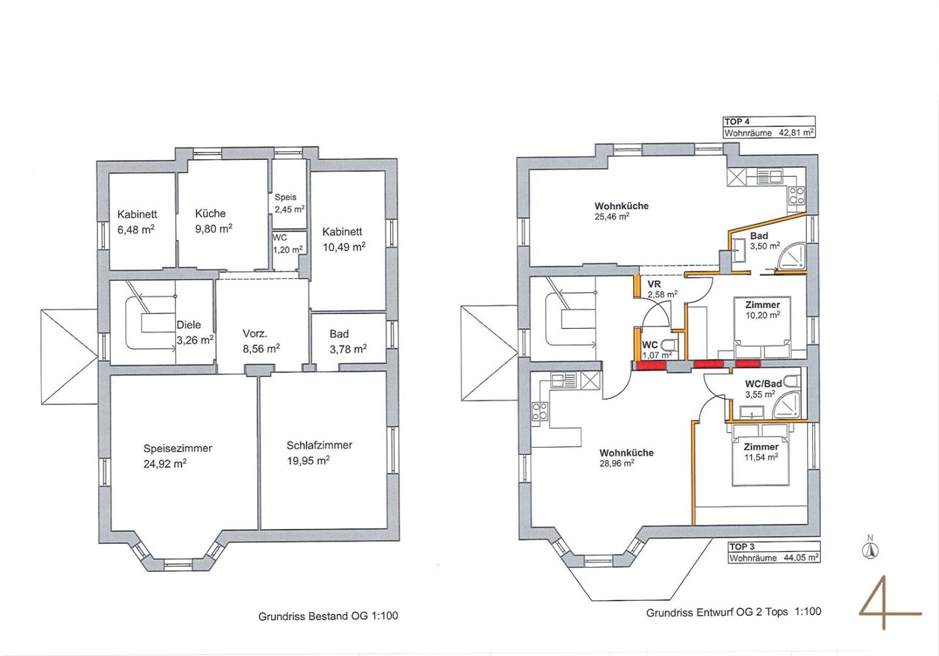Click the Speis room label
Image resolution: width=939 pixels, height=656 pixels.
[x=285, y=197]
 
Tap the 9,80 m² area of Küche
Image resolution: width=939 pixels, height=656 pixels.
[x=213, y=229]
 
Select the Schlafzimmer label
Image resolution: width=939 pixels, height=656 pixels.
[x=319, y=445]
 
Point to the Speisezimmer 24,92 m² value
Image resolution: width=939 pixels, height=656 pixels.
[x=165, y=464]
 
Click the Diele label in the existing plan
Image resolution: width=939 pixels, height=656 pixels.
[x=189, y=324]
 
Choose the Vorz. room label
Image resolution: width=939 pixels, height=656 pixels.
[x=255, y=334]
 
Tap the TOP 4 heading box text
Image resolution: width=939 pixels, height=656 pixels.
[x=737, y=122]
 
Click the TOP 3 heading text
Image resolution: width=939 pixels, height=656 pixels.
[x=742, y=547]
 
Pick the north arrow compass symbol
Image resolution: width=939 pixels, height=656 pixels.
[x=870, y=550]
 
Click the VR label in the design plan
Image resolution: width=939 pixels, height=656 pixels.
[x=654, y=285]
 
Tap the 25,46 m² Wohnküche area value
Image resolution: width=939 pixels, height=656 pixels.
[x=612, y=217]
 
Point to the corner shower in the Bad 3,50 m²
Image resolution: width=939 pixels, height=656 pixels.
[x=792, y=257]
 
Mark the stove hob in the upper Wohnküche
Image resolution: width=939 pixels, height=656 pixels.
[x=797, y=196]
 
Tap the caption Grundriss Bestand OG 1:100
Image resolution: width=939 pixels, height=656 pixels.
[x=328, y=616]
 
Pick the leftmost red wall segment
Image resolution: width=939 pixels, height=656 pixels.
[x=649, y=365]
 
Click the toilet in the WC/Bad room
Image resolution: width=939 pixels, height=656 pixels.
[x=792, y=382]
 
